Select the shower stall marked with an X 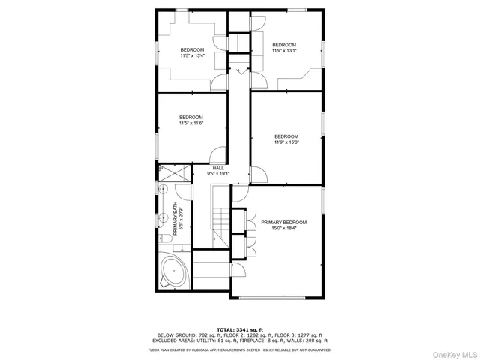click(173, 174)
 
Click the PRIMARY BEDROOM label click(283, 223)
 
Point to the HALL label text click(218, 168)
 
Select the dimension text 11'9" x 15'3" click(287, 142)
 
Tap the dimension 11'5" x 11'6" click(190, 123)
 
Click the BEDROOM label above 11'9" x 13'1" click(284, 44)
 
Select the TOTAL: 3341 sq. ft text click(239, 329)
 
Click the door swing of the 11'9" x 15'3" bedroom click(259, 175)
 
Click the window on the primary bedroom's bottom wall click(277, 298)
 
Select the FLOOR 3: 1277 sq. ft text click(298, 334)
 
